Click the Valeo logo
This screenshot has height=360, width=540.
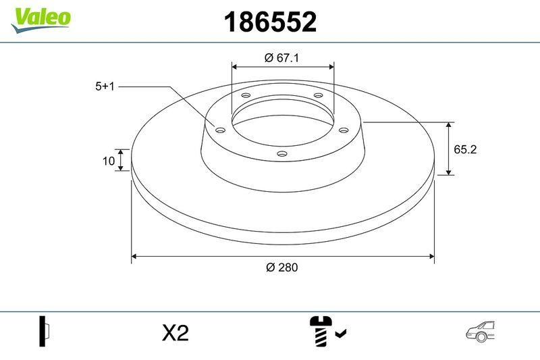40,16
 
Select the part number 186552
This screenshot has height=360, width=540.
269,23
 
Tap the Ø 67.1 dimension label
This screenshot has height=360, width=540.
281,58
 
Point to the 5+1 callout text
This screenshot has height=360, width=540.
106,86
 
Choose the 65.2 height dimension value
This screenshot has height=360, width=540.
465,150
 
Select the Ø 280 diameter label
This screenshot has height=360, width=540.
281,267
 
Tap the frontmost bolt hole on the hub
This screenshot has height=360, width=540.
282,155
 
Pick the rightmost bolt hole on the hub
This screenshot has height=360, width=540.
343,130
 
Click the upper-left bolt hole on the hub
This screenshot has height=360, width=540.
246,97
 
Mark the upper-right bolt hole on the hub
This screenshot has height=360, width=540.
318,97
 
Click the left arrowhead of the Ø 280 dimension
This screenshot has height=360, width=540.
135,256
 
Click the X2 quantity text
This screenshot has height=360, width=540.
175,333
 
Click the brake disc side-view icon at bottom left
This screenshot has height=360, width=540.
45,332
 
